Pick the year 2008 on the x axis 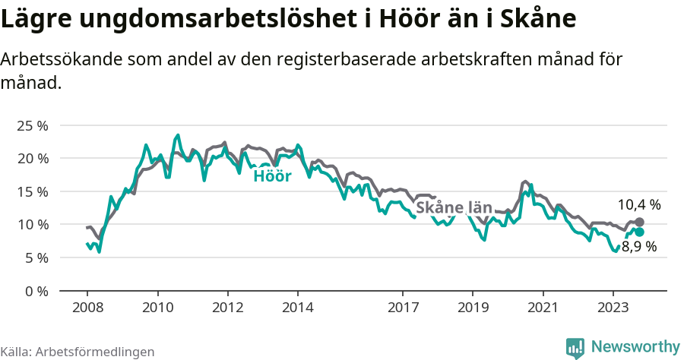click(x=87, y=308)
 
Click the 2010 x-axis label click(x=157, y=308)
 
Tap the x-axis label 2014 click(x=297, y=308)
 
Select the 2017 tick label click(x=403, y=308)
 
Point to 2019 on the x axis click(x=473, y=308)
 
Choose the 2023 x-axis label click(x=613, y=308)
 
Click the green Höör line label click(x=272, y=176)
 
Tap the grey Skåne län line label click(x=454, y=207)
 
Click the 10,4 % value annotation click(x=638, y=204)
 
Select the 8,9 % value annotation click(x=638, y=247)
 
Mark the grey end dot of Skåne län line click(x=639, y=222)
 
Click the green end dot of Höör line click(x=639, y=232)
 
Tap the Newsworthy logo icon click(x=575, y=347)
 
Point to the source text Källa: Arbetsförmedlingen click(x=78, y=352)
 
